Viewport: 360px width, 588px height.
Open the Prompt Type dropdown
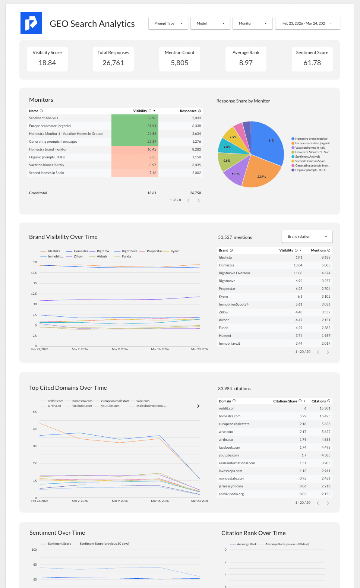pyautogui.click(x=168, y=23)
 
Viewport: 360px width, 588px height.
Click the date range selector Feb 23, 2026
pyautogui.click(x=307, y=23)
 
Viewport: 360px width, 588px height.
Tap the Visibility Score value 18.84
pyautogui.click(x=47, y=63)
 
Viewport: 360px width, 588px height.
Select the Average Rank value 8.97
pyautogui.click(x=246, y=63)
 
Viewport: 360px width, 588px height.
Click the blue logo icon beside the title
pyautogui.click(x=31, y=23)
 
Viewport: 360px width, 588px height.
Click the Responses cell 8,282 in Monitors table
pyautogui.click(x=196, y=149)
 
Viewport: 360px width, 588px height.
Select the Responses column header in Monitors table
pyautogui.click(x=188, y=111)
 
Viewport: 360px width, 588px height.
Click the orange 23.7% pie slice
pyautogui.click(x=261, y=173)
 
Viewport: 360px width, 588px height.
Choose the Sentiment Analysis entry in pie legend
pyautogui.click(x=307, y=157)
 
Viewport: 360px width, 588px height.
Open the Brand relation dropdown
pyautogui.click(x=307, y=237)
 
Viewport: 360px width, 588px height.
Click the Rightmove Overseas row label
pyautogui.click(x=234, y=273)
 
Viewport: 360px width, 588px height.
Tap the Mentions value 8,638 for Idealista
pyautogui.click(x=326, y=257)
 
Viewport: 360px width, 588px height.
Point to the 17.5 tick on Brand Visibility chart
pyautogui.click(x=34, y=273)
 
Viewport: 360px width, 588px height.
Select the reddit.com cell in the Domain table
pyautogui.click(x=227, y=408)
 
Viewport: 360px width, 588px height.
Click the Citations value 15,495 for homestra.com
pyautogui.click(x=325, y=416)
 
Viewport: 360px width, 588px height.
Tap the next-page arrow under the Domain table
pyautogui.click(x=328, y=503)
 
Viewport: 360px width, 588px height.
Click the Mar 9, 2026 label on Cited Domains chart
pyautogui.click(x=120, y=501)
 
